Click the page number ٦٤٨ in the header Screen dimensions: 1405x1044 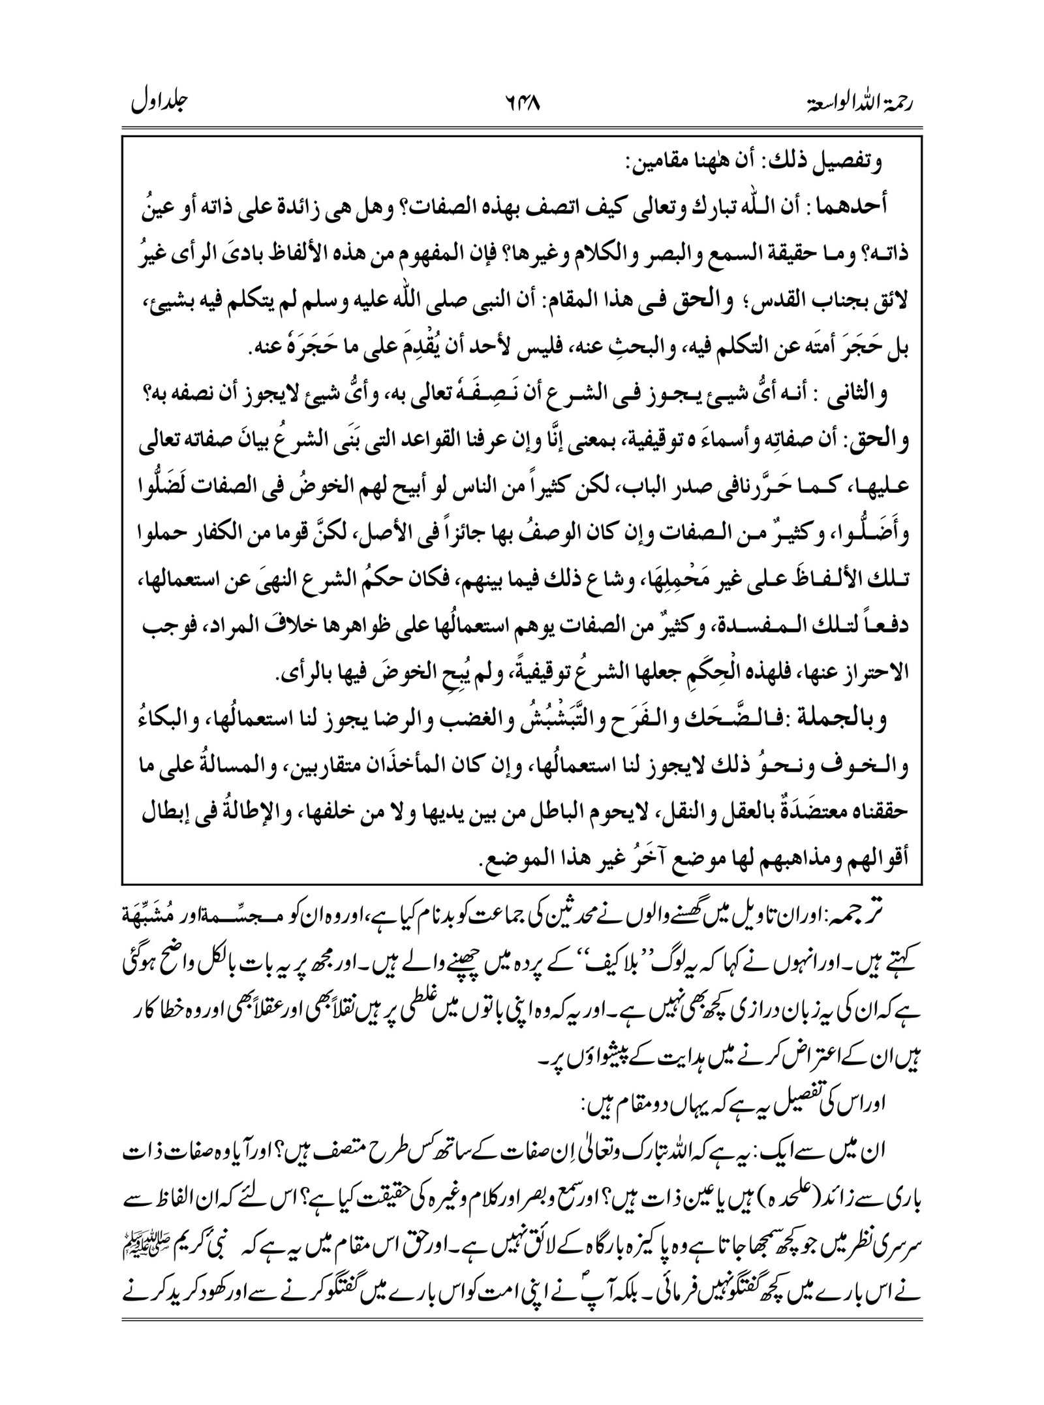[x=522, y=103]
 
